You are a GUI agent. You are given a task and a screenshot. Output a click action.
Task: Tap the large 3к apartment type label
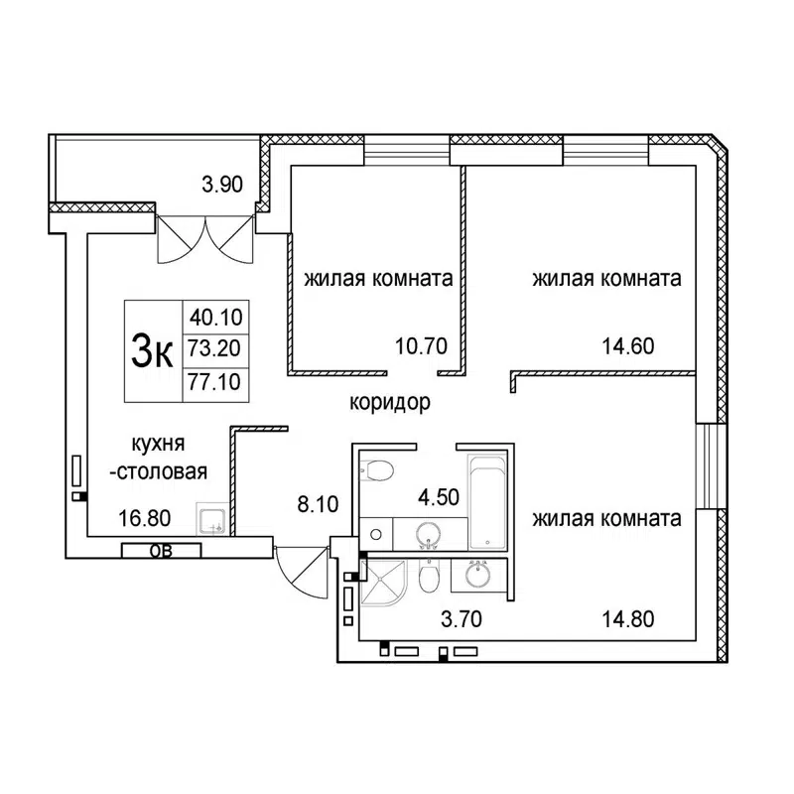(151, 349)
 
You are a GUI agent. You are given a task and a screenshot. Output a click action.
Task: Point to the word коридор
(389, 403)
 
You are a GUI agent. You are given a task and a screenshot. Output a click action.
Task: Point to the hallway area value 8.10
(318, 504)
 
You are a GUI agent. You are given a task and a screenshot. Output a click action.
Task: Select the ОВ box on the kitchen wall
(160, 552)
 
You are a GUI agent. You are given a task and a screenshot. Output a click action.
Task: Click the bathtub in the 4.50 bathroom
(487, 501)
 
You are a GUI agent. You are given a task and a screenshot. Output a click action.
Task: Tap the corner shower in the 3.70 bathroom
(382, 584)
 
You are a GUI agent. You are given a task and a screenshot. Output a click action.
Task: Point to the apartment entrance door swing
(300, 570)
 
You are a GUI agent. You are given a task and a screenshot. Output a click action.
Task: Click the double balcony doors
(205, 238)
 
